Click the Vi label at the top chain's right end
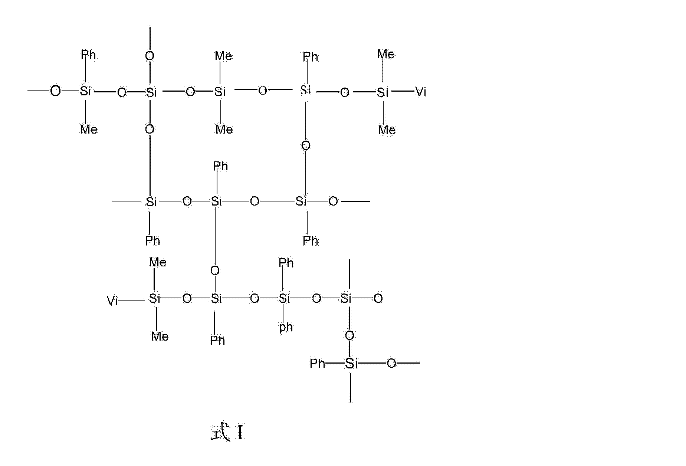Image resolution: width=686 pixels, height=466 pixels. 421,92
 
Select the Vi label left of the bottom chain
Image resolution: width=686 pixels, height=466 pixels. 112,301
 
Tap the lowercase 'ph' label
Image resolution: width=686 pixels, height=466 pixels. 286,327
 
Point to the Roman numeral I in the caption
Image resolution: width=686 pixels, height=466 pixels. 240,433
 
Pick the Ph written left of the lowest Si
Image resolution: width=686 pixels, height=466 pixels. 318,363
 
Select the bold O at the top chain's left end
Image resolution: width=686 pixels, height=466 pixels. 55,91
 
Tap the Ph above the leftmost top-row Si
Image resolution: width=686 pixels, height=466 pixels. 88,55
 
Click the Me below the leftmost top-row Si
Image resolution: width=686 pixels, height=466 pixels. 89,129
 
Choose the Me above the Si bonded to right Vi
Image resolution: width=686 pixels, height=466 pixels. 386,55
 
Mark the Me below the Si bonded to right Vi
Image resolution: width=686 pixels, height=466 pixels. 387,130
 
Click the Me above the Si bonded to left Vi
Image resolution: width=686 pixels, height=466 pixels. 158,262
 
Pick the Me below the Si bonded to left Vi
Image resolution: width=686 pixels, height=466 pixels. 160,337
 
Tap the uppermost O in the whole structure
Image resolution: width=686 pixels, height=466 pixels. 150,56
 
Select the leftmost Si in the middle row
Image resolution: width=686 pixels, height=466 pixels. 151,201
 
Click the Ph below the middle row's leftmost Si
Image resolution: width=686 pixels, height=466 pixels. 152,241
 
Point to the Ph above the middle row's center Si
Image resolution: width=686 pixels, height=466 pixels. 220,166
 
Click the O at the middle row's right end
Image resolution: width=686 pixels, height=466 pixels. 333,201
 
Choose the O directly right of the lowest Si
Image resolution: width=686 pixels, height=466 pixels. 391,364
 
